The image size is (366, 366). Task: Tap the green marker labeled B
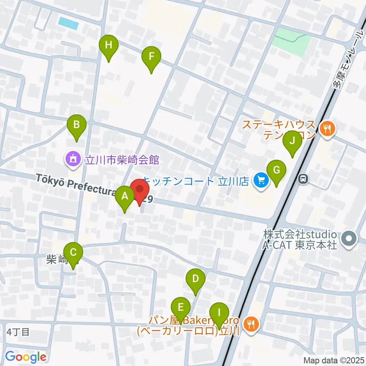pos(77,125)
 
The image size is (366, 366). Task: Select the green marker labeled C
pos(74,253)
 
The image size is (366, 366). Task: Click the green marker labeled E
pos(181,307)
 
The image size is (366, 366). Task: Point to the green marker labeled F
pos(151,58)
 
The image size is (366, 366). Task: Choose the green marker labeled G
pos(277,170)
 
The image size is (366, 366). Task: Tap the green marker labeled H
pos(109,46)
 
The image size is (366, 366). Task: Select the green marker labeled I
pos(219,313)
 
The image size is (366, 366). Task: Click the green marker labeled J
pos(292,141)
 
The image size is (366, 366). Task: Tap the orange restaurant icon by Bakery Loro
pos(251,324)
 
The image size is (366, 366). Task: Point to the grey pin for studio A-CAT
pos(348,239)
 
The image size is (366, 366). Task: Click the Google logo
pos(26,357)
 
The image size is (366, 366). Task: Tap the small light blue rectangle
pos(69,24)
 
